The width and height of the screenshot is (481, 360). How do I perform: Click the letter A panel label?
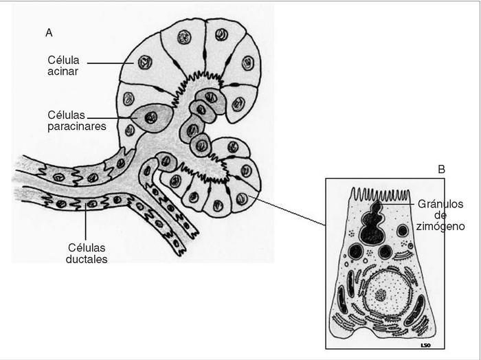coord(49,32)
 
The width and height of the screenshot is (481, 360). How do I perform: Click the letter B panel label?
coord(442,169)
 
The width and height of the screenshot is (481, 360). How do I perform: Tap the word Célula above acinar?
coord(64,59)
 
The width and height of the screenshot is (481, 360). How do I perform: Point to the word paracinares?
coord(73,126)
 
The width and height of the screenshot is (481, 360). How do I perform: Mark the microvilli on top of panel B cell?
coord(381,195)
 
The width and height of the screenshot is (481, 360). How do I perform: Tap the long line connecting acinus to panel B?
coord(289,210)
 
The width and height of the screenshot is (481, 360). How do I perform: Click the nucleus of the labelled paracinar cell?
coord(150,117)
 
